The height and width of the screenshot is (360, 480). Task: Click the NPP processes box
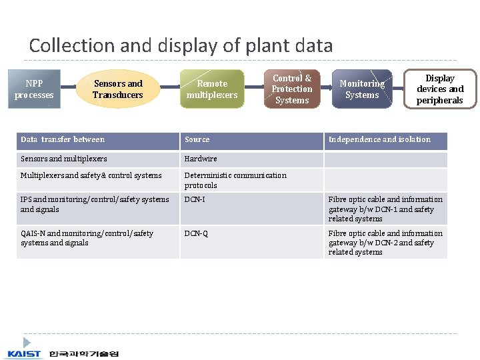(34, 89)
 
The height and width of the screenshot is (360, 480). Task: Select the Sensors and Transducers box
(118, 89)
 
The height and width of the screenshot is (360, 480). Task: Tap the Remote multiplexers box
(212, 89)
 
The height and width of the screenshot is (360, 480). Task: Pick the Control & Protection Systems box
(292, 89)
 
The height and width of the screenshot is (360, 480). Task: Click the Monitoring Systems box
(362, 89)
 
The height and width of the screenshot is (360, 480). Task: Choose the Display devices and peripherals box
(440, 89)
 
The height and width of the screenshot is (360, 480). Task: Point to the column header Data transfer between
(63, 140)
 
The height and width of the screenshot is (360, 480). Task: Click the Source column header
(197, 140)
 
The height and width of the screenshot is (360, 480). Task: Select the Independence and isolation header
(379, 140)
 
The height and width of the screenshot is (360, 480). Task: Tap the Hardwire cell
(201, 159)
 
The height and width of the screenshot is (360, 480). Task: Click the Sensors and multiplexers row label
(64, 159)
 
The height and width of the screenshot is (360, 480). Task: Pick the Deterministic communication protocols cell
(235, 180)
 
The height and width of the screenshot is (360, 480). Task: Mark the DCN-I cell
(195, 199)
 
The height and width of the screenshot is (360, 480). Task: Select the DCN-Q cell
(196, 233)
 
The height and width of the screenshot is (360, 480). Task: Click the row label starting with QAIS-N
(87, 238)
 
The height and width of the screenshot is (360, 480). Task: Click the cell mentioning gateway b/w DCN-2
(385, 243)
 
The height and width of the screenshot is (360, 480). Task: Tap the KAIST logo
(24, 353)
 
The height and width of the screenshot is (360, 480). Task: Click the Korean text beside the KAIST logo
(83, 353)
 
